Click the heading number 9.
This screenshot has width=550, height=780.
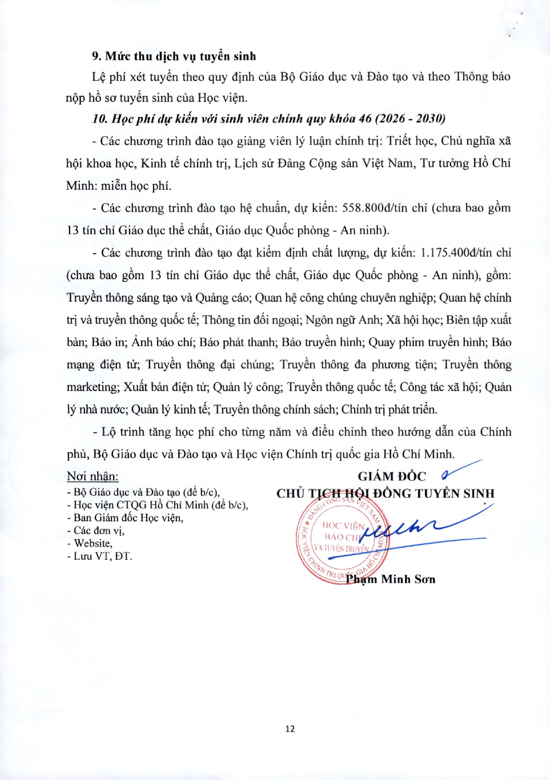(96, 56)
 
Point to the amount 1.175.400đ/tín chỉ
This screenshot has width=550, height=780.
(466, 253)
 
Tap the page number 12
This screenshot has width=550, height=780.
(290, 729)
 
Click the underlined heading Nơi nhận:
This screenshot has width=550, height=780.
(92, 477)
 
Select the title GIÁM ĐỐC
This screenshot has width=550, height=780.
(392, 477)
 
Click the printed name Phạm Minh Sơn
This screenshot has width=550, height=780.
(391, 579)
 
